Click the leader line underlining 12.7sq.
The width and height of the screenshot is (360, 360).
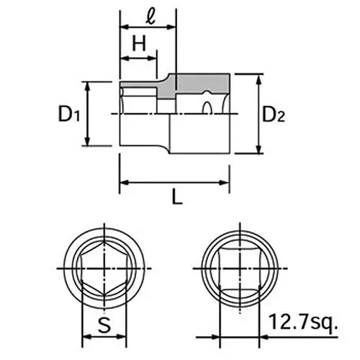302,336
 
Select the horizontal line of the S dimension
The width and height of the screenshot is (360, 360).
105,336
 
